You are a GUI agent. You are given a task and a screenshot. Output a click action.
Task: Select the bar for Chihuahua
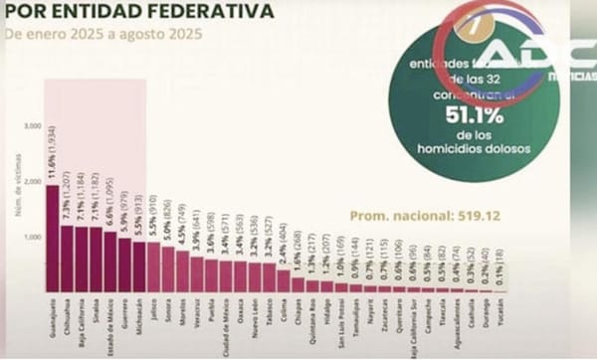67,259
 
